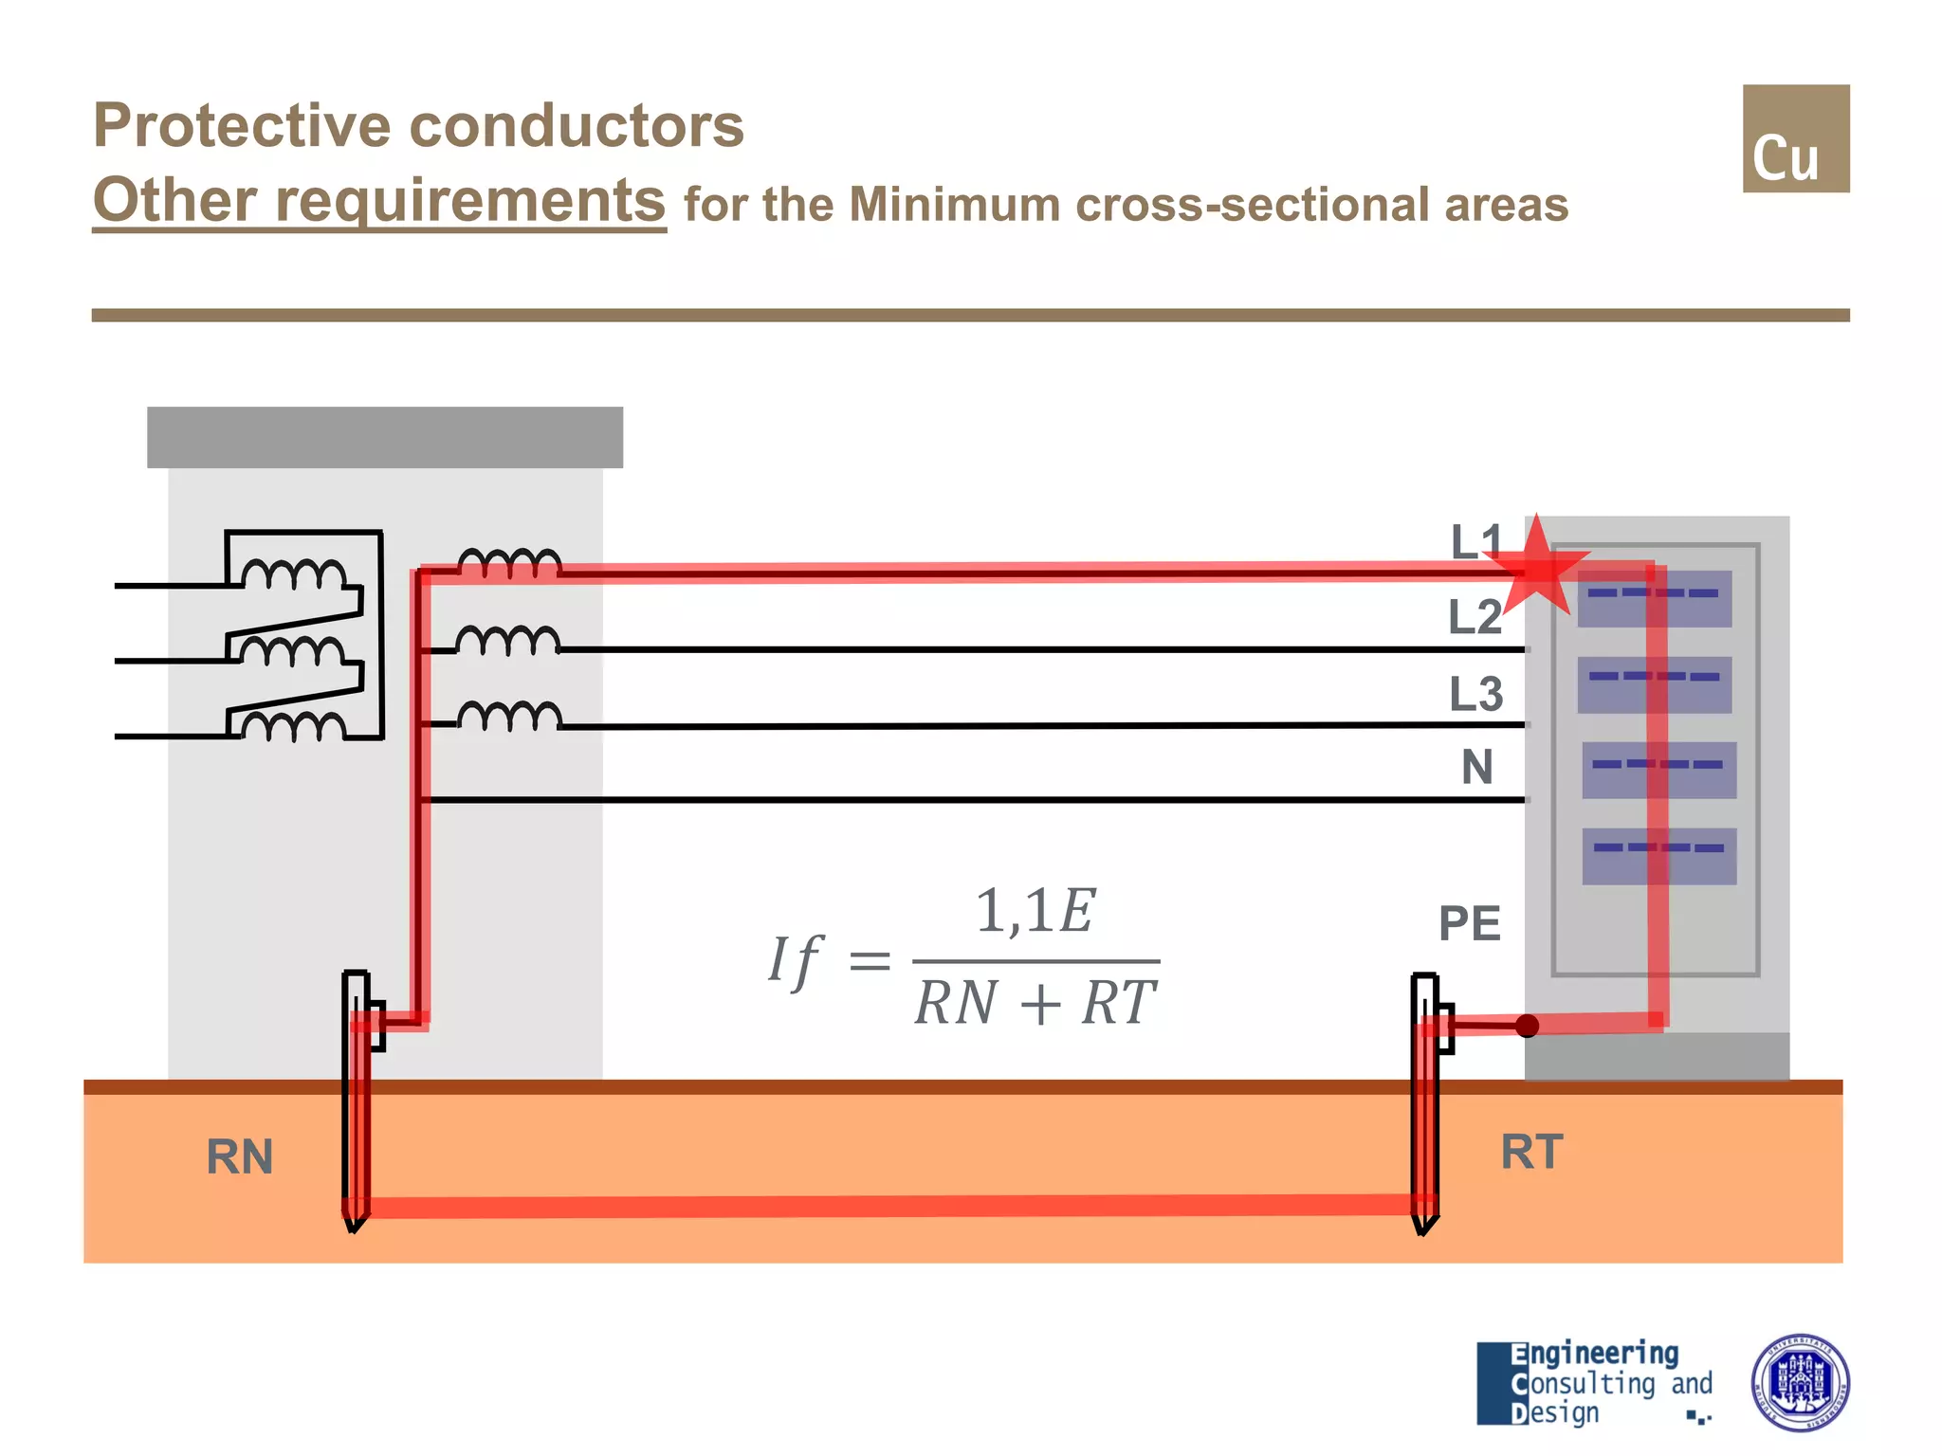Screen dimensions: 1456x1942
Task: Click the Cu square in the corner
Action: [x=1795, y=138]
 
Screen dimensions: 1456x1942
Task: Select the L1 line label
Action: [x=1475, y=542]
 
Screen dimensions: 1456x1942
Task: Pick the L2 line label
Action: [x=1475, y=617]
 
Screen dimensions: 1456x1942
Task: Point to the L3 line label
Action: [x=1475, y=694]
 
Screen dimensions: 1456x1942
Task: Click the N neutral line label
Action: [x=1476, y=767]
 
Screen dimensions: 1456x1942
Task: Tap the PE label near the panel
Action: [x=1469, y=923]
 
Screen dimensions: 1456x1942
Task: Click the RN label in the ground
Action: [x=239, y=1157]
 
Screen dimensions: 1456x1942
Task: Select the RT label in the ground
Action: [x=1530, y=1153]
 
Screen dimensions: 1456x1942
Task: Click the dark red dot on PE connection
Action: [x=1527, y=1026]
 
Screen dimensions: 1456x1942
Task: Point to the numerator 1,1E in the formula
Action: [x=1035, y=912]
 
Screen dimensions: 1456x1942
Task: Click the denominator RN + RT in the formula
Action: [x=1035, y=1003]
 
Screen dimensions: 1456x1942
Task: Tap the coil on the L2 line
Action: [x=508, y=641]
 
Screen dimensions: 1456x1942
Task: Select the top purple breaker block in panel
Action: [x=1655, y=599]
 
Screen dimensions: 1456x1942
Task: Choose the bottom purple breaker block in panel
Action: [x=1658, y=856]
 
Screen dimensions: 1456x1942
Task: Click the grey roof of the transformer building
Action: [x=384, y=437]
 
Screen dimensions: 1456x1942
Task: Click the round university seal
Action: [x=1799, y=1382]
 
